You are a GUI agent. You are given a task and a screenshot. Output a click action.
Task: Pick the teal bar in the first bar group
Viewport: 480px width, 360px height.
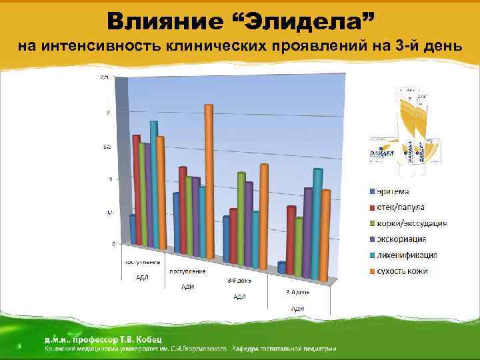155,183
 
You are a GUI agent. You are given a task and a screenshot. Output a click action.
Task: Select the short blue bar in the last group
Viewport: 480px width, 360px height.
282,267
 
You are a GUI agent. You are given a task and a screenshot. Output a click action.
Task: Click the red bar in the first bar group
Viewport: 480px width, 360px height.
137,190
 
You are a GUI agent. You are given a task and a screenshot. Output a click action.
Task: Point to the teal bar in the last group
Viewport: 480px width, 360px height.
317,223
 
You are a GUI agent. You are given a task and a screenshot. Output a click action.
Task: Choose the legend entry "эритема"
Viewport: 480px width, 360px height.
393,191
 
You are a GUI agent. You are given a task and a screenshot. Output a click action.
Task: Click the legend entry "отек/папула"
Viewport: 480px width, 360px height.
401,207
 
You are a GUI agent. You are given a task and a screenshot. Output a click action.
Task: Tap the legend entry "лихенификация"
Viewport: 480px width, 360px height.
407,255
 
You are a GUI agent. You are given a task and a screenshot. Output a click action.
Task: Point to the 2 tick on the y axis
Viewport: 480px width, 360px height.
107,112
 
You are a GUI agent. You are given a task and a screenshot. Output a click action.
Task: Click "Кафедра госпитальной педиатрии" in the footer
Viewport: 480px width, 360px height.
286,348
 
